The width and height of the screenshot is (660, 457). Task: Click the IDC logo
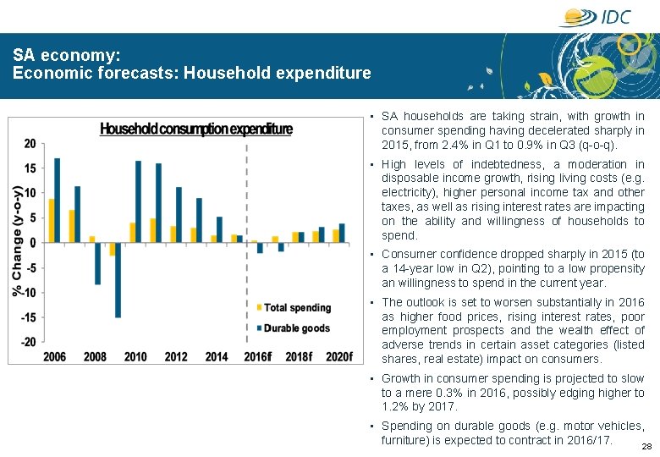[595, 17]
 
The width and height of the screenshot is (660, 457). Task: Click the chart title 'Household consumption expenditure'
[196, 129]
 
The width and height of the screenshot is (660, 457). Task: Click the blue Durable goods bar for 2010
[138, 201]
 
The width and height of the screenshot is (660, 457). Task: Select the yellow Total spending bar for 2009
[112, 249]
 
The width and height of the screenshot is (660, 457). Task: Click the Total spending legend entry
[296, 307]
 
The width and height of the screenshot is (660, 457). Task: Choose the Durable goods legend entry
[296, 328]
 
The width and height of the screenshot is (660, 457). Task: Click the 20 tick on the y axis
[30, 144]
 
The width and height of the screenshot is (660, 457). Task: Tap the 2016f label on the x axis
[258, 356]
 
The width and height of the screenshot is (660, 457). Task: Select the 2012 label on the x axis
[175, 356]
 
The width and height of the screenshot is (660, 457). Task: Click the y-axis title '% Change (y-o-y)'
[17, 241]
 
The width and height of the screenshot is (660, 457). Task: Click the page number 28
[646, 446]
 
